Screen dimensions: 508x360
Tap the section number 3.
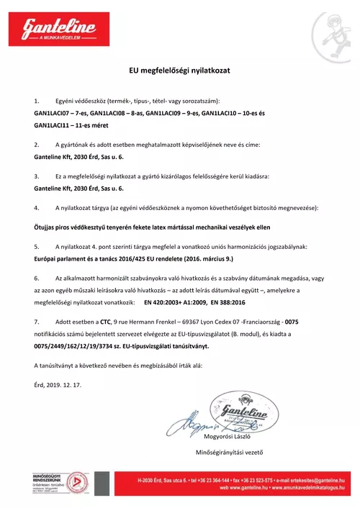tap(36, 176)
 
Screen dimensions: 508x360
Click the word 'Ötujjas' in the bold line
tap(46, 226)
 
